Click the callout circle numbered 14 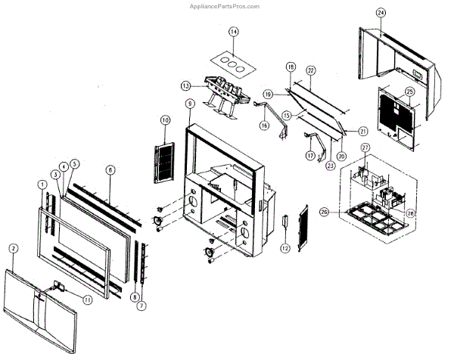coord(234,32)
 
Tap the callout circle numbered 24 coord(381,13)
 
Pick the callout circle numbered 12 coord(285,247)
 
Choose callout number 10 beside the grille coord(165,120)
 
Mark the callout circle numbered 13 coord(185,85)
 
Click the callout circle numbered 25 coord(409,94)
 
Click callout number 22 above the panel coord(309,70)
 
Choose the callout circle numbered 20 coord(341,156)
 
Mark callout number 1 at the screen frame coord(41,185)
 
